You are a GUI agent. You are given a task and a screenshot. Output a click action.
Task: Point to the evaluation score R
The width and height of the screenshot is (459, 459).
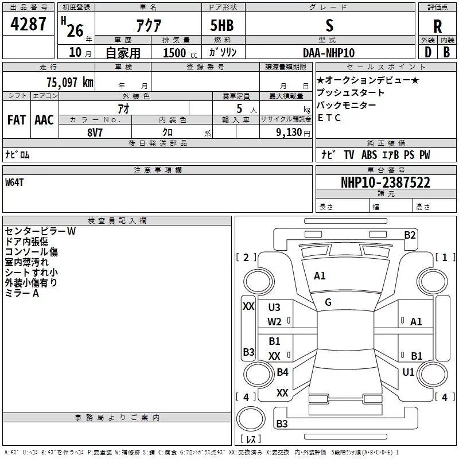point(437,26)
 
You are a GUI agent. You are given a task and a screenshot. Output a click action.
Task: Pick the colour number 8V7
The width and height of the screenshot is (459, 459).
point(95,132)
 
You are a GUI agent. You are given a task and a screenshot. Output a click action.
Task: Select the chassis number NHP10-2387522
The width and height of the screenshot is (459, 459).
point(385,182)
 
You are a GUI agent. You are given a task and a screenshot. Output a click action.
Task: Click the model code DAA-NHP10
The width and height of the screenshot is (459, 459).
point(329,53)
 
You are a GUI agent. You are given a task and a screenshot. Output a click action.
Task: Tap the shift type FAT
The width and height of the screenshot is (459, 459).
point(17,120)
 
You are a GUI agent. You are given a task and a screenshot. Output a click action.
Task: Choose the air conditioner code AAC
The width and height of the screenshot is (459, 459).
point(44,120)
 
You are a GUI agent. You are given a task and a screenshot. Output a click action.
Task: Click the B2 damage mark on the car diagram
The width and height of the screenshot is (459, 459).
point(410,235)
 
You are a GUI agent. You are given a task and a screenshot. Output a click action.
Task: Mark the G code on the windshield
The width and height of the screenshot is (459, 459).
point(328,302)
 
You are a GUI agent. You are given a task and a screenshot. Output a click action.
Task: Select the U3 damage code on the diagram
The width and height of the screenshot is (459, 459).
point(274,308)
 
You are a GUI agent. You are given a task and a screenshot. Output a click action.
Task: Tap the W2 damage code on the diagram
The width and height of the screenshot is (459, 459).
point(274,321)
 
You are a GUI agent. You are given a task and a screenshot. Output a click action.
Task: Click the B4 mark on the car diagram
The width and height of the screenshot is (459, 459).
point(282,372)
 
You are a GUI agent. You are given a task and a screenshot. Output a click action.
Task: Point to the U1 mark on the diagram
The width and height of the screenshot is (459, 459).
point(409,372)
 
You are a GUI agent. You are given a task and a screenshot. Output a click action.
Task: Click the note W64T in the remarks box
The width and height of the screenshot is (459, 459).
point(15,182)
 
